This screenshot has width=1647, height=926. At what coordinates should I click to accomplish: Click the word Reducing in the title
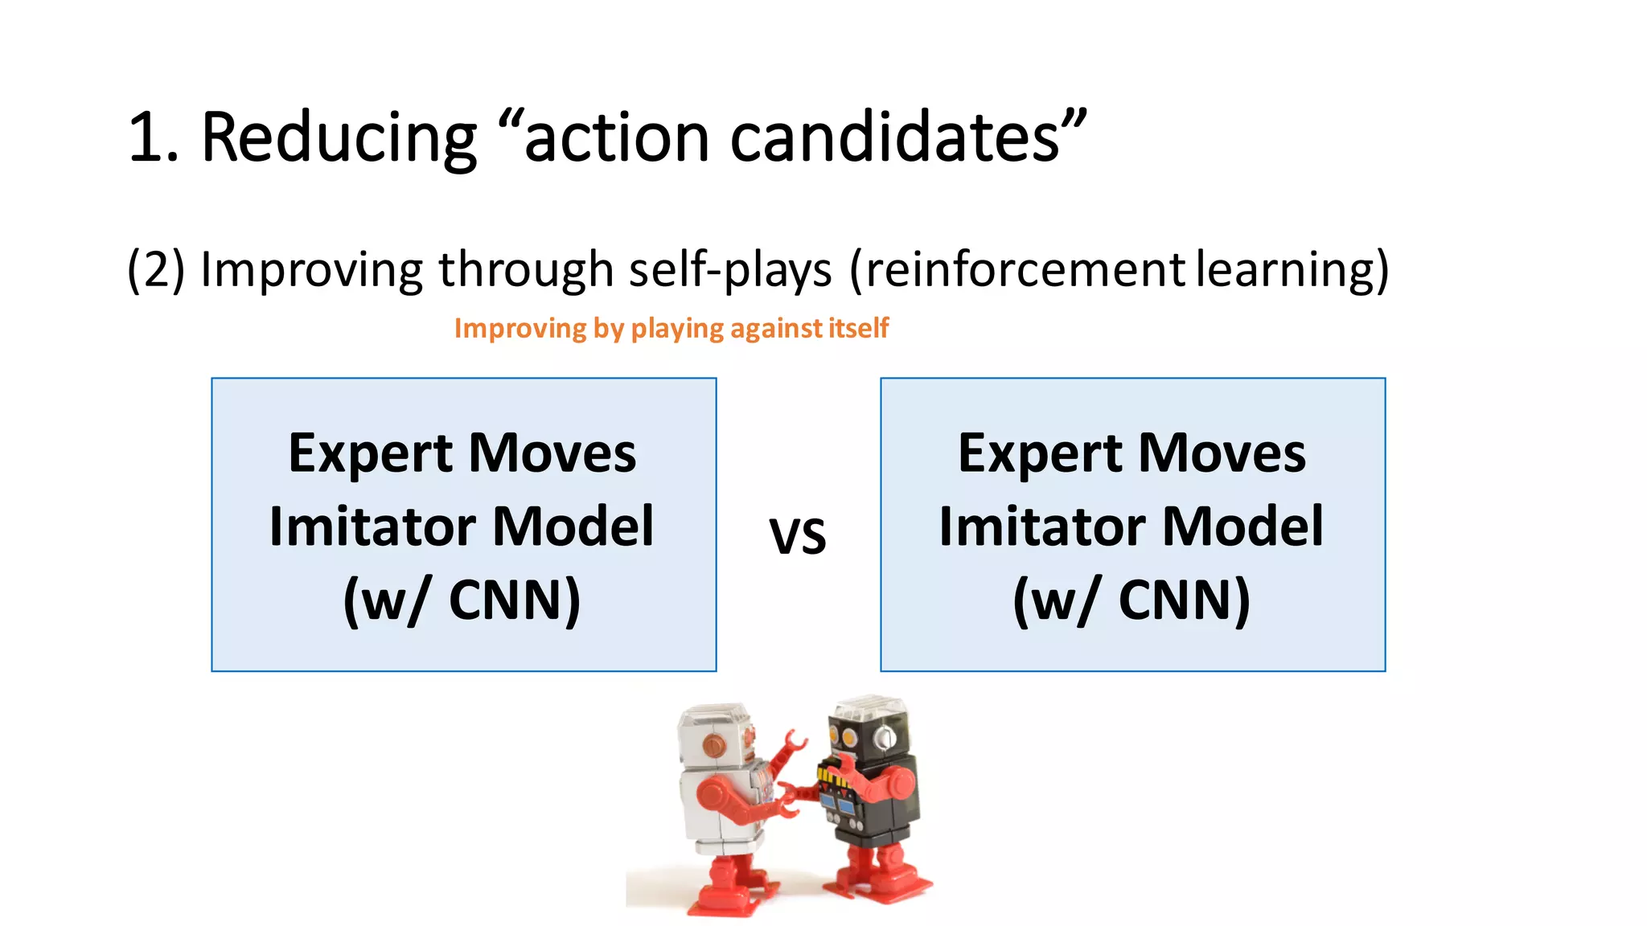click(338, 138)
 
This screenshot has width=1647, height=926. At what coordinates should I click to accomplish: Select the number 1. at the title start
click(153, 138)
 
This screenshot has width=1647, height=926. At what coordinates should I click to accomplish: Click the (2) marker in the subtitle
click(156, 269)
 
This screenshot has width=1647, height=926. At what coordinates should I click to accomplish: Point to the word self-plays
click(729, 269)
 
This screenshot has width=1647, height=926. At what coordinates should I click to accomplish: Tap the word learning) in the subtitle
click(1292, 269)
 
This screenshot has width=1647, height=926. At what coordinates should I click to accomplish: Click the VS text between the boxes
click(797, 536)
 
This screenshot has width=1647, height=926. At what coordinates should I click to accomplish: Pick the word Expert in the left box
click(370, 453)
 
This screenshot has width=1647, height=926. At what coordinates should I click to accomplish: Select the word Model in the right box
click(1242, 527)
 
